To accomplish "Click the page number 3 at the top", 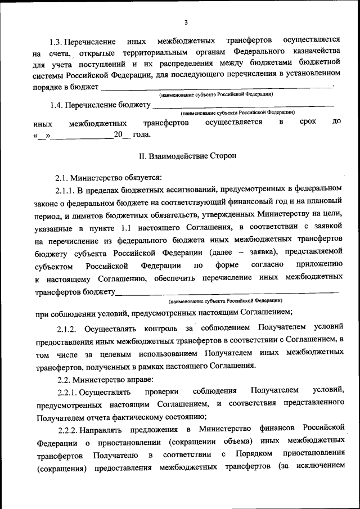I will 185,22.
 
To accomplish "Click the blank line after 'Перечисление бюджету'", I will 243,106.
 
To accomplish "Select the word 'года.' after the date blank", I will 142,134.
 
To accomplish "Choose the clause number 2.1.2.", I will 70,327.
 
